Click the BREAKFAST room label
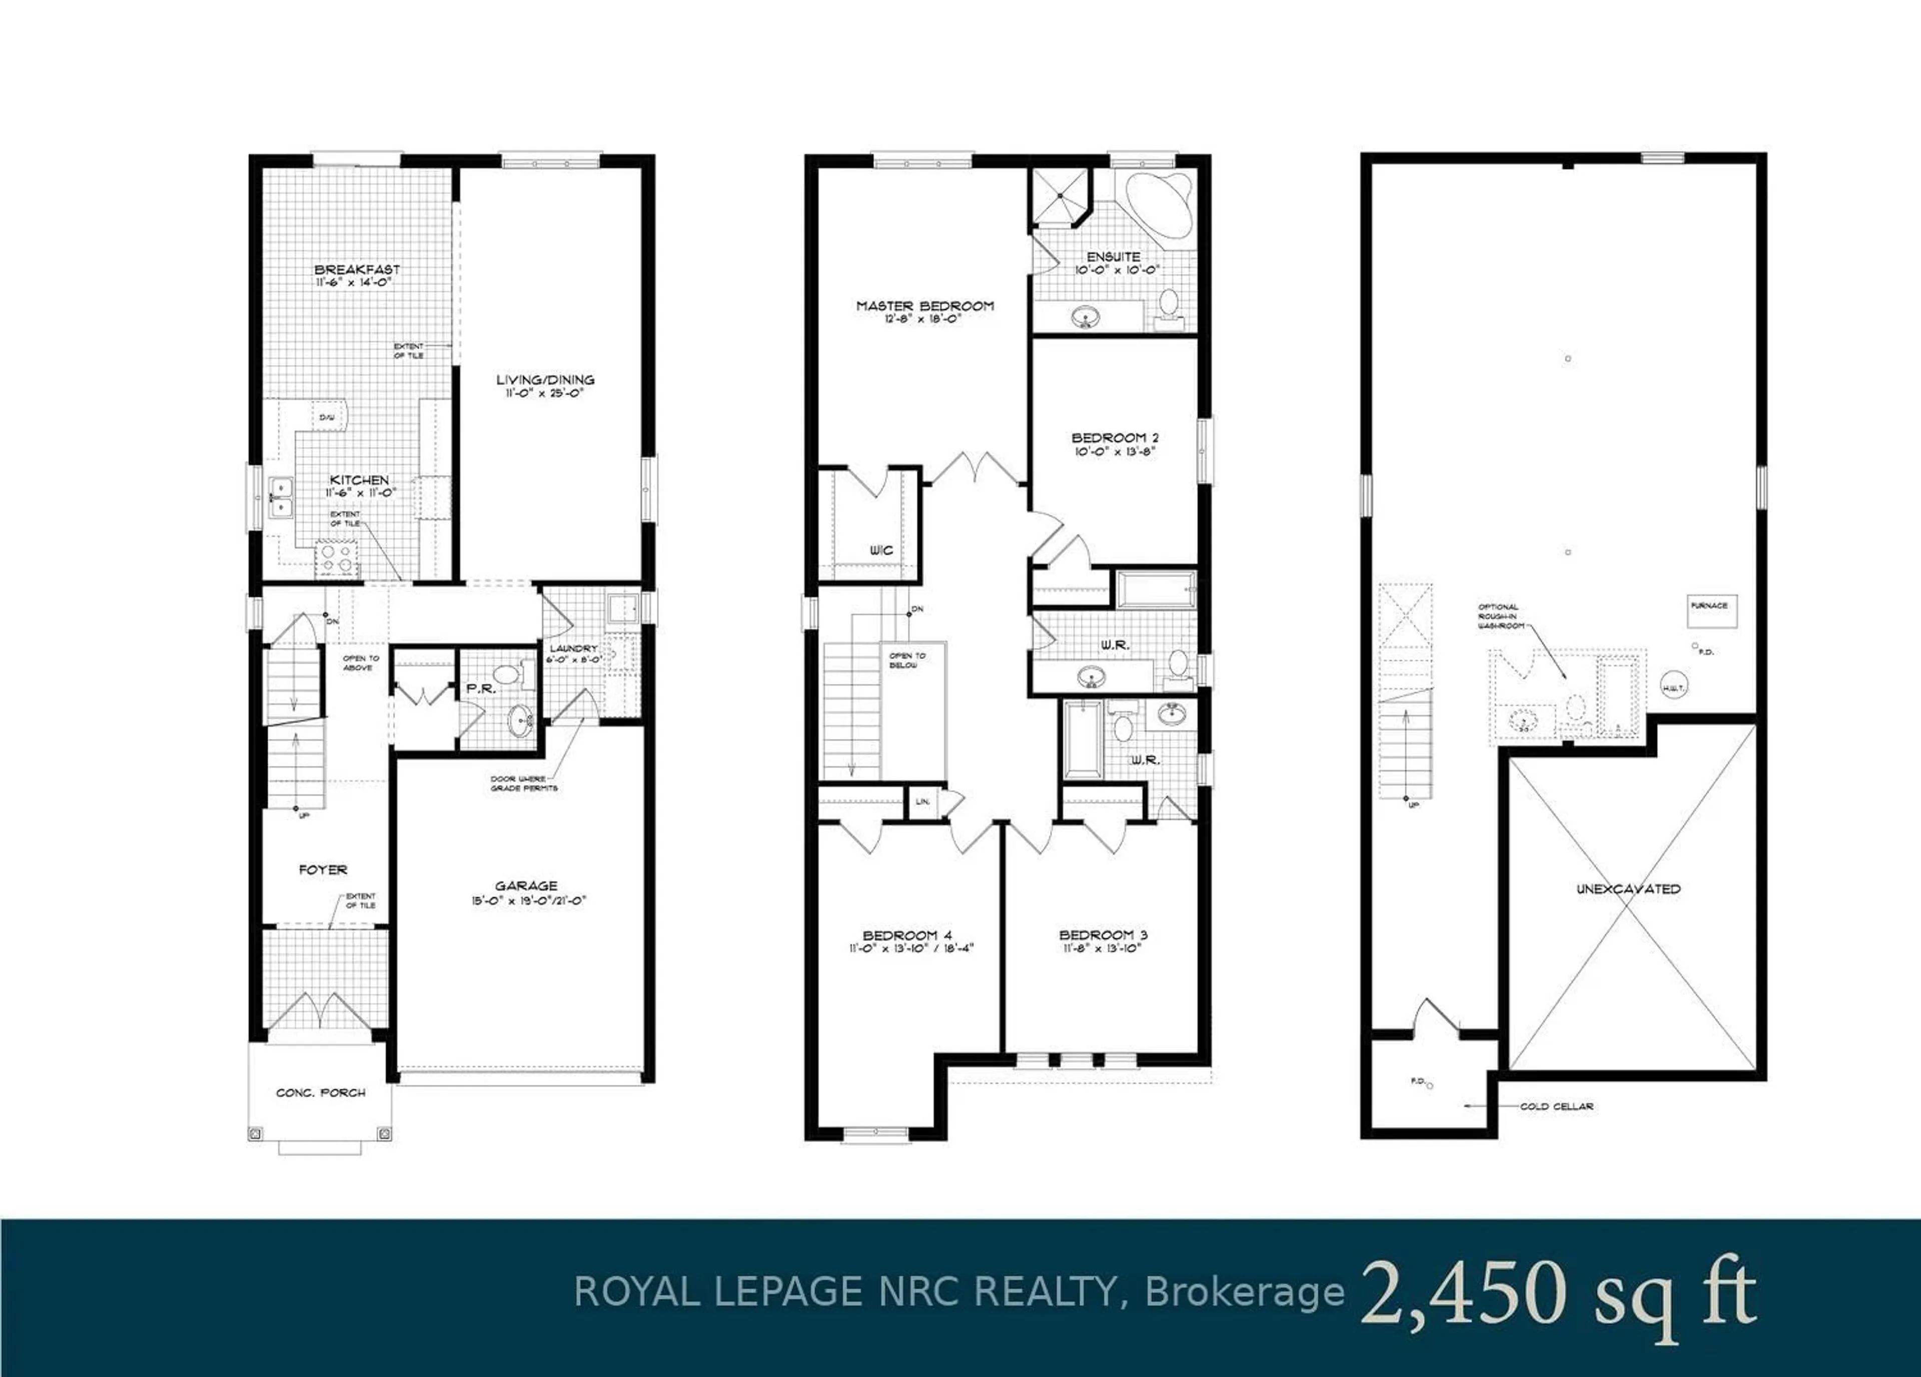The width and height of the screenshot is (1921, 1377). pyautogui.click(x=357, y=270)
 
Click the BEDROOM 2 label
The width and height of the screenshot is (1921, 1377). pyautogui.click(x=1115, y=438)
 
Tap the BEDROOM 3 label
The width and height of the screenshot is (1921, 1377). pyautogui.click(x=1103, y=935)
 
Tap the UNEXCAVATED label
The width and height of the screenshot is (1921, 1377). pyautogui.click(x=1628, y=889)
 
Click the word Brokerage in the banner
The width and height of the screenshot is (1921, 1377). pyautogui.click(x=1244, y=1293)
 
